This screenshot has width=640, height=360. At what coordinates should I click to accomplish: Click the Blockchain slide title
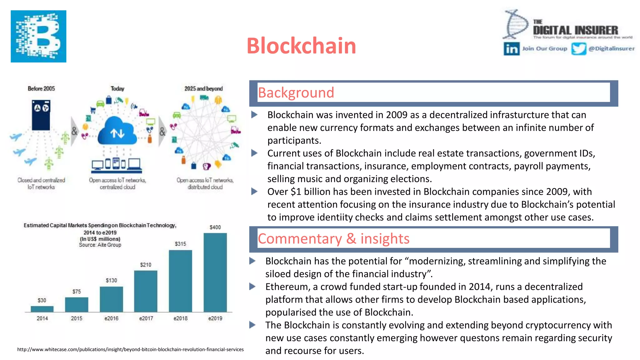coord(301,46)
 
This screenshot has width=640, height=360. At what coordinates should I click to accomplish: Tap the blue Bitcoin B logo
coord(38,36)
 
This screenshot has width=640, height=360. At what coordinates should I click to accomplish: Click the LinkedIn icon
coord(511,49)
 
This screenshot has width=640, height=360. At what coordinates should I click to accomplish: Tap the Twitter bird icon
coord(578,49)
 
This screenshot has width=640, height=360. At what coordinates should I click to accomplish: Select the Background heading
coord(296,93)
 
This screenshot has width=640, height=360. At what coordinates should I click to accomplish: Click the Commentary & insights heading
coord(333,239)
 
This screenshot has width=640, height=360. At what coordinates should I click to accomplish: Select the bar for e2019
coord(215,272)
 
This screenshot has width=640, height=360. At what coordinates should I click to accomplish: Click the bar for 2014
coord(42,309)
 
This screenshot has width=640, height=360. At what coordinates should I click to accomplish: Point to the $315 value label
coord(180,244)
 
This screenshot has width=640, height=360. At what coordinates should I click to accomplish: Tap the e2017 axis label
coord(146,318)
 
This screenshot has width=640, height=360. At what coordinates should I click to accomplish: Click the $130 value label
coord(111,280)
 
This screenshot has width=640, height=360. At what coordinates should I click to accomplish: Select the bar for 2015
coord(77,304)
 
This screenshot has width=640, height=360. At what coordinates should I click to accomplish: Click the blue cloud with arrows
coord(117,131)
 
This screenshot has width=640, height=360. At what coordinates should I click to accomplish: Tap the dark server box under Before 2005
coord(41,115)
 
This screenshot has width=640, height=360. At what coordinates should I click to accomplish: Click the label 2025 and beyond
coord(203,89)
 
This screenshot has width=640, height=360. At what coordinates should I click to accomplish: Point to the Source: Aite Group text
coord(100,245)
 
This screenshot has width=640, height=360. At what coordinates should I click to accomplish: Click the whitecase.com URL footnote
coord(130,349)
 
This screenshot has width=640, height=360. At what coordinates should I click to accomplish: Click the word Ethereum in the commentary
coord(286,287)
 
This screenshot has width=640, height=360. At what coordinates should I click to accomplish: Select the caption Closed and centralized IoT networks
coord(41,183)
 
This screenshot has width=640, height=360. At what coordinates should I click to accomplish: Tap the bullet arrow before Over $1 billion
coord(254,192)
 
